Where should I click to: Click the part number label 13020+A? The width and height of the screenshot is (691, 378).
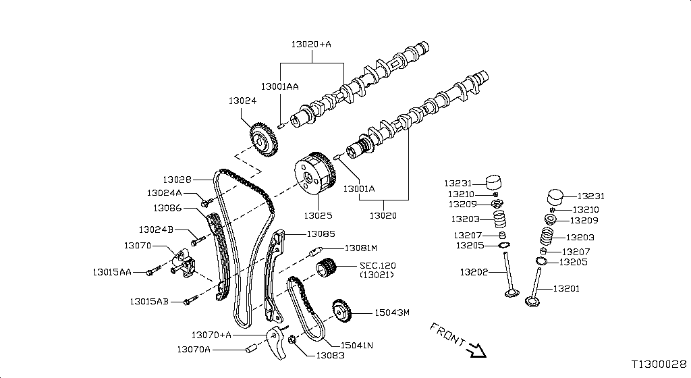311,44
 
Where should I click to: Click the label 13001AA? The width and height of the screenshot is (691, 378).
280,86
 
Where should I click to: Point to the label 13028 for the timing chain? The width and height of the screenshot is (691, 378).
177,180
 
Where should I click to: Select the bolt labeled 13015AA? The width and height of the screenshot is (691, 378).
151,272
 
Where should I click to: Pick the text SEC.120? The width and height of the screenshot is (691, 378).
379,265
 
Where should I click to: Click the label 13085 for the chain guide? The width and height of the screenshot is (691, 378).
321,234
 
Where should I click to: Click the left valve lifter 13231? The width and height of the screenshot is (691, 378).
496,183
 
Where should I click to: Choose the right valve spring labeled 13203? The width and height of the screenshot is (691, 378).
548,238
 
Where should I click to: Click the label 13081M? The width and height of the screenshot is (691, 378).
360,248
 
